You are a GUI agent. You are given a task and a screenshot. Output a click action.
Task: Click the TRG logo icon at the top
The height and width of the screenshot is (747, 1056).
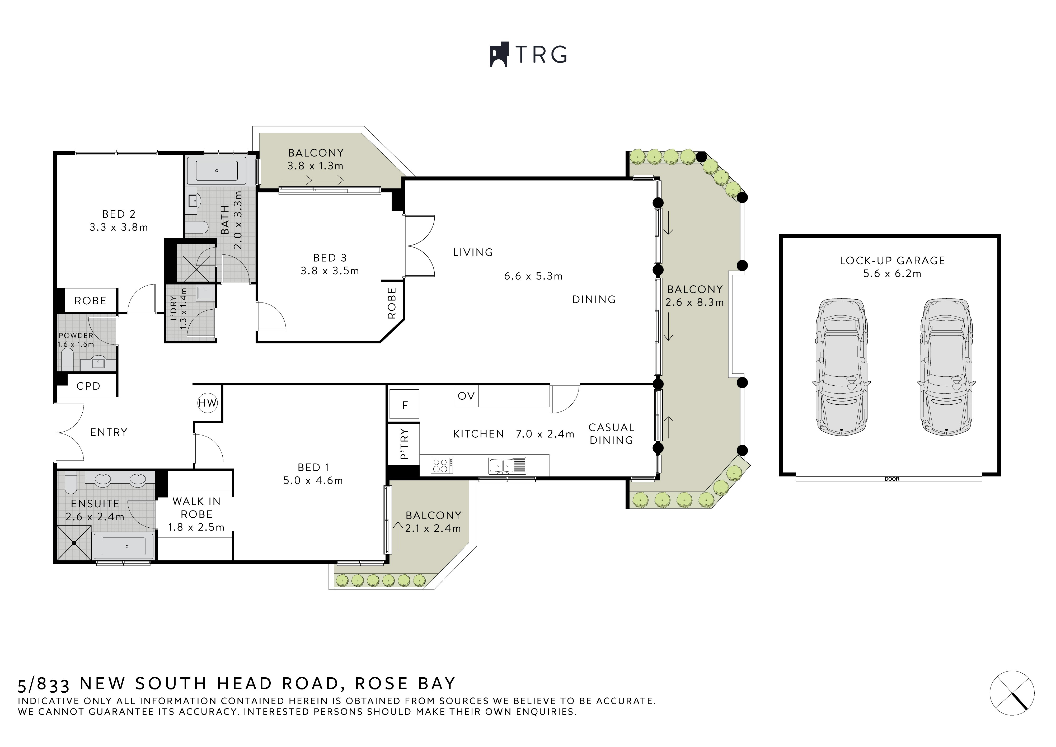[499, 55]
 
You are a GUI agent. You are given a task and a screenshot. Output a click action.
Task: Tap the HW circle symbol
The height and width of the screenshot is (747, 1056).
[207, 403]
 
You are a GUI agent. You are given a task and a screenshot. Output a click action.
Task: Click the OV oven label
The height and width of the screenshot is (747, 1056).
[466, 396]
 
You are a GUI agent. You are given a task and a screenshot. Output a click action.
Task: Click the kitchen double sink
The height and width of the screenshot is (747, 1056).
[506, 466]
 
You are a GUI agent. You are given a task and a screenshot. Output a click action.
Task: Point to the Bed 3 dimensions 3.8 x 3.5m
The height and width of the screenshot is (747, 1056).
[330, 271]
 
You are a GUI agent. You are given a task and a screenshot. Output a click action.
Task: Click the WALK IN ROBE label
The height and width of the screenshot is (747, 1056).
[196, 508]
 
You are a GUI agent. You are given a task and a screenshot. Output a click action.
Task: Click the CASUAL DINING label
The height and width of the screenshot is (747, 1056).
[611, 434]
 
